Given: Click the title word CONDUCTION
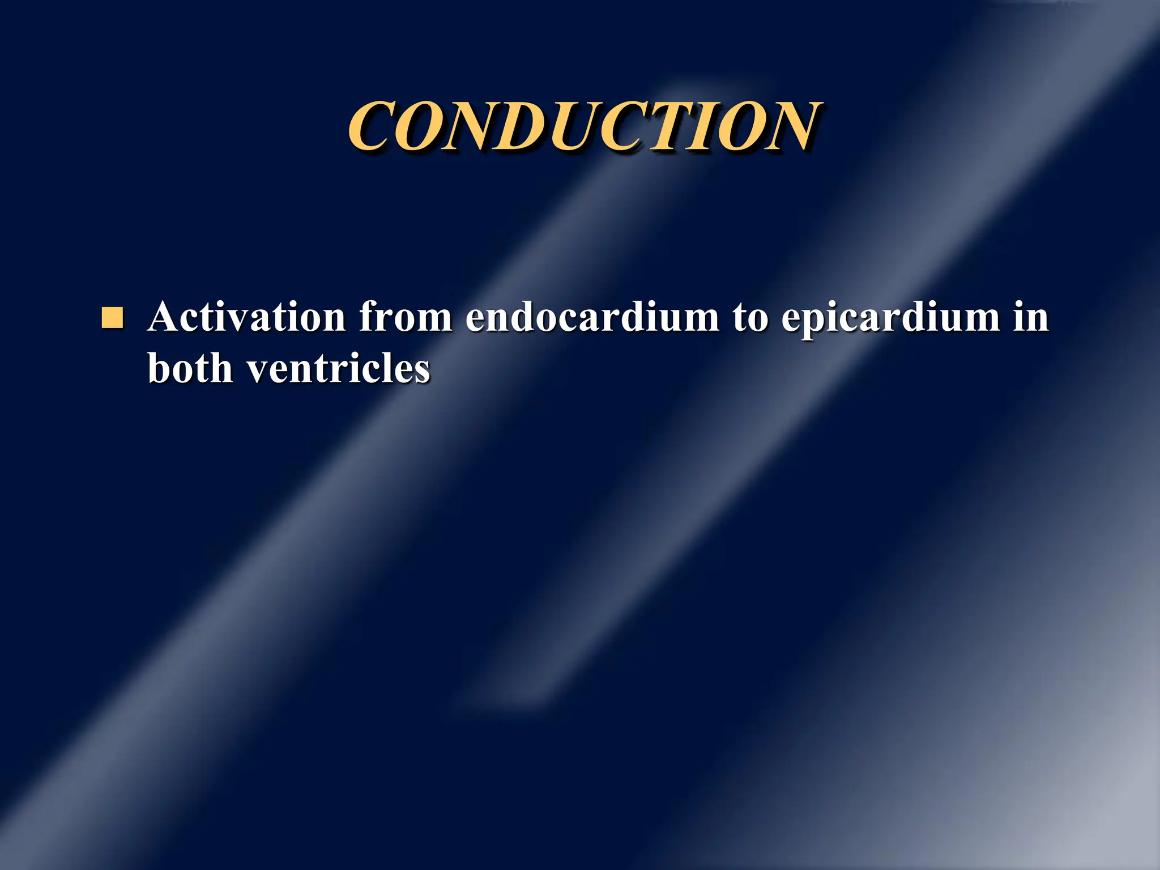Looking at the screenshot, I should [585, 127].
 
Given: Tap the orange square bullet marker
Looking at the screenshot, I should [112, 318].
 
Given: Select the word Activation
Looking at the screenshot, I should [246, 317].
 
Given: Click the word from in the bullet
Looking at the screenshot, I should [405, 317].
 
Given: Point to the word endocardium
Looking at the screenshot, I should [592, 317].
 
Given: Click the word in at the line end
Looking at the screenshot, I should [1031, 317].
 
